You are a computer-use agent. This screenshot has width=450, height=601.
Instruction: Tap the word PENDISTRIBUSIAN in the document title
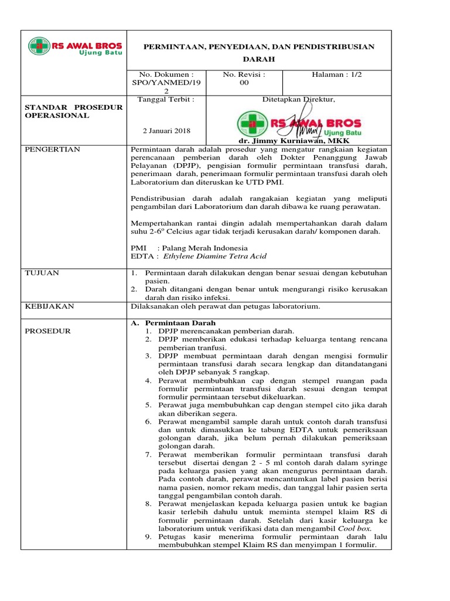pyautogui.click(x=336, y=46)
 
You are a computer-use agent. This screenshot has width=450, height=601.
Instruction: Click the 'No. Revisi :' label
pyautogui.click(x=244, y=75)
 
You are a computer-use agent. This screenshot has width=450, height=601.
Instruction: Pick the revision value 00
pyautogui.click(x=244, y=83)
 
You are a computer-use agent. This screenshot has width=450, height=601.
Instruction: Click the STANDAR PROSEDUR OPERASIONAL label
pyautogui.click(x=73, y=111)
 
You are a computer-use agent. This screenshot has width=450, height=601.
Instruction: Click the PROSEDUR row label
pyautogui.click(x=47, y=331)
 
